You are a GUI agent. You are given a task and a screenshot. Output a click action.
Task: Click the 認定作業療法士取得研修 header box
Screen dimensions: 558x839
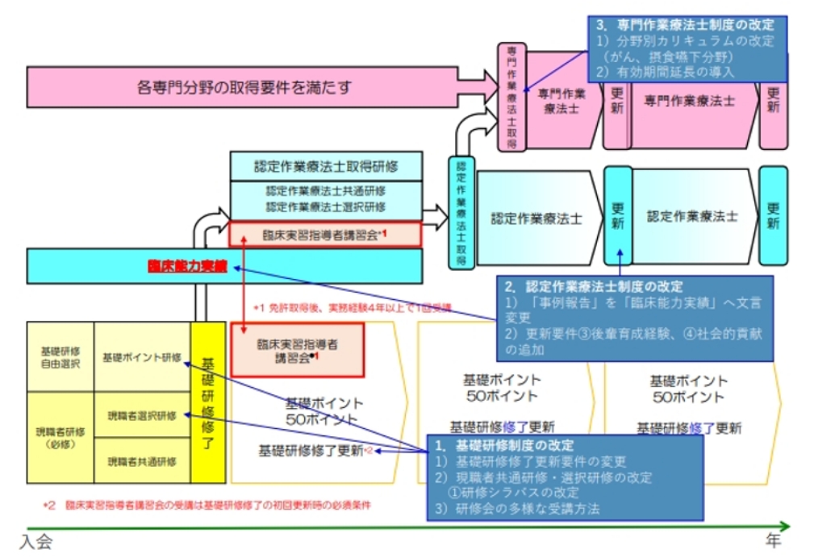326,166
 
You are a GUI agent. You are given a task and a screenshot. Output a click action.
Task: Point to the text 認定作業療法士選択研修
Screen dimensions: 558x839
326,207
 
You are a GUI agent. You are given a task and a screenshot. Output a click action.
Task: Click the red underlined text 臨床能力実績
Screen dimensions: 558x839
187,265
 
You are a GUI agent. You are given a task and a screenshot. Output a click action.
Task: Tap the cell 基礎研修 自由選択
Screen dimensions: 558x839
61,357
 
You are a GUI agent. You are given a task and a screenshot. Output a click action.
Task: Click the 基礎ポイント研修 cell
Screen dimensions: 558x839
141,357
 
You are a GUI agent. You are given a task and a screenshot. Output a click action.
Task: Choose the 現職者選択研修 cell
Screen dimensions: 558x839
141,415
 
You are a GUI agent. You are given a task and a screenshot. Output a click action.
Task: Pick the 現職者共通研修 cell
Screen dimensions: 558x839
141,461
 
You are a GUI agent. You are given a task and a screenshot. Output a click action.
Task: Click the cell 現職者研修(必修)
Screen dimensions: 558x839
61,438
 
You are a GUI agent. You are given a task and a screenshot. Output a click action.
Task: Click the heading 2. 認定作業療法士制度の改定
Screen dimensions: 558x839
593,286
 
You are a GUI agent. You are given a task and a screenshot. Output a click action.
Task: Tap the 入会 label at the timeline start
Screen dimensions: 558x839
36,542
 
